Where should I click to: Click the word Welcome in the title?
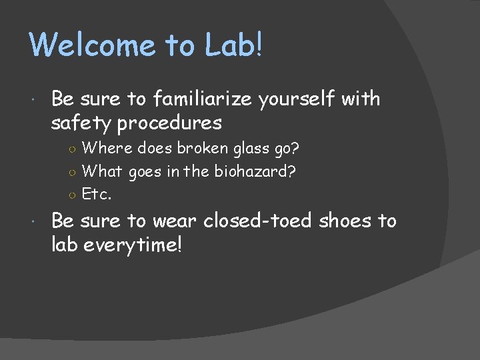pos(93,45)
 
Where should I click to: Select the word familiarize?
pos(203,99)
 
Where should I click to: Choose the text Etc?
pos(97,195)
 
